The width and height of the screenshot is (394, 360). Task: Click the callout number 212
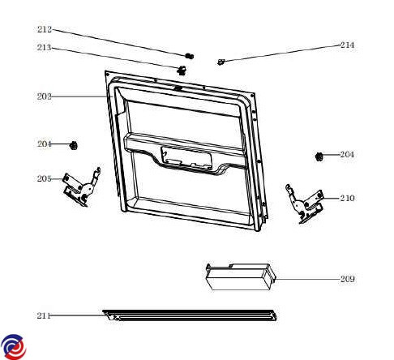pyautogui.click(x=45, y=29)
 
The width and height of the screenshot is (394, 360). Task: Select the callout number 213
pyautogui.click(x=44, y=48)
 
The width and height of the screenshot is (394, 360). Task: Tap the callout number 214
pyautogui.click(x=347, y=45)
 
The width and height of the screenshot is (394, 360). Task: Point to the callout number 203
pyautogui.click(x=44, y=96)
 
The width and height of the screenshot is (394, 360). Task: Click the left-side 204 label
pyautogui.click(x=44, y=144)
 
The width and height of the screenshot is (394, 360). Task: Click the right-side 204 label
pyautogui.click(x=347, y=154)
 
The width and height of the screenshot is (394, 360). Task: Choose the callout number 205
pyautogui.click(x=44, y=178)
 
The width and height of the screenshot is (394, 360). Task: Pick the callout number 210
pyautogui.click(x=347, y=198)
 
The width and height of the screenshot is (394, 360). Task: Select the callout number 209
pyautogui.click(x=347, y=279)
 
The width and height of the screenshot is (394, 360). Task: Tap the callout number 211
pyautogui.click(x=44, y=315)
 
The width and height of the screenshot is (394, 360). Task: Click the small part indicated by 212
pyautogui.click(x=190, y=56)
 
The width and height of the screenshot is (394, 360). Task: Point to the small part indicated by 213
pyautogui.click(x=182, y=70)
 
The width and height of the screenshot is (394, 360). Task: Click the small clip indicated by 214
pyautogui.click(x=221, y=62)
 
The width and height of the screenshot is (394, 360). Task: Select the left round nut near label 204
pyautogui.click(x=74, y=145)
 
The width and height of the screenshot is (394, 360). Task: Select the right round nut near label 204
pyautogui.click(x=319, y=156)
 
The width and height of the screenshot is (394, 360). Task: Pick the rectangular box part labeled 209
pyautogui.click(x=241, y=277)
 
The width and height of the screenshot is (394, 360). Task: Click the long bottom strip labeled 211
pyautogui.click(x=190, y=315)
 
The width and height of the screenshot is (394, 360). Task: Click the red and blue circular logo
pyautogui.click(x=13, y=347)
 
